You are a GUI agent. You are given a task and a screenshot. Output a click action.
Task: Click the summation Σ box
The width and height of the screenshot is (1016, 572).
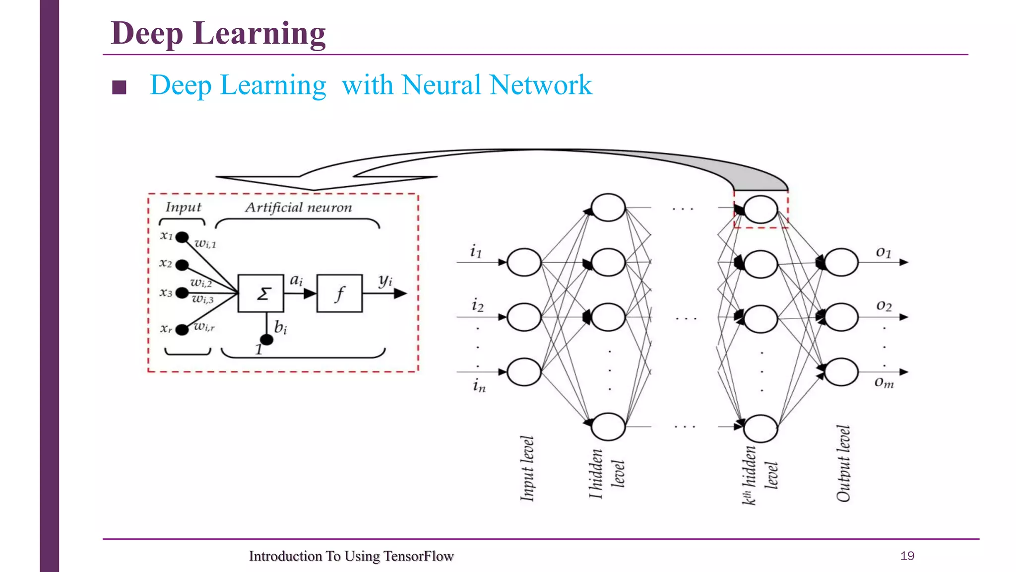(261, 293)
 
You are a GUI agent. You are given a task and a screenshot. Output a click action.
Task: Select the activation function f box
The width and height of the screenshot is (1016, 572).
(340, 293)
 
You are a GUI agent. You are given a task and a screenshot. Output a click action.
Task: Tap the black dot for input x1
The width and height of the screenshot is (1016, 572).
(182, 237)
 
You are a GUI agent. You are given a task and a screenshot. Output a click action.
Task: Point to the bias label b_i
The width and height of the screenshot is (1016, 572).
(280, 327)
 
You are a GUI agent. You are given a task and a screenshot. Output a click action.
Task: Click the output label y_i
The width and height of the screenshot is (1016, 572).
(385, 281)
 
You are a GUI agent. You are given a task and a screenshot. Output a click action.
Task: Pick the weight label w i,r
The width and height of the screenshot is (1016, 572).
(204, 327)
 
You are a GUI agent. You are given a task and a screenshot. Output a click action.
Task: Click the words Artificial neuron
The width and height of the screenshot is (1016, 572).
(299, 208)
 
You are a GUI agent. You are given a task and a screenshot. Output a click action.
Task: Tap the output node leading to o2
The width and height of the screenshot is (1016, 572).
(841, 317)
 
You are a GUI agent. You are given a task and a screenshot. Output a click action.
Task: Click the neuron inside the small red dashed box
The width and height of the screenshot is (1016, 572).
(761, 210)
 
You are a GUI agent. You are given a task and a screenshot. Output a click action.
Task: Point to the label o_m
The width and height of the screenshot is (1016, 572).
(884, 382)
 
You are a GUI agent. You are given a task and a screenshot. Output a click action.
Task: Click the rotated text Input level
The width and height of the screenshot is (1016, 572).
(527, 468)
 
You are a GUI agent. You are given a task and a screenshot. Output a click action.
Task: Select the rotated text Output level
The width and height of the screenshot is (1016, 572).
(843, 464)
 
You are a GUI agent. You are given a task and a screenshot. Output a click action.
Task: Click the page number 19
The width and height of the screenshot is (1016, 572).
(907, 556)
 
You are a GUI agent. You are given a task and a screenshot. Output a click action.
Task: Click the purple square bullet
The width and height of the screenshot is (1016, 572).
(119, 87)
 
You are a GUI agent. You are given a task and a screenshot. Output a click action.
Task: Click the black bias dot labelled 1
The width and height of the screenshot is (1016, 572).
(266, 340)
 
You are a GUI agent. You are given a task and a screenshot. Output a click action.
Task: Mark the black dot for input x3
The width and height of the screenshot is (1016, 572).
(182, 293)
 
